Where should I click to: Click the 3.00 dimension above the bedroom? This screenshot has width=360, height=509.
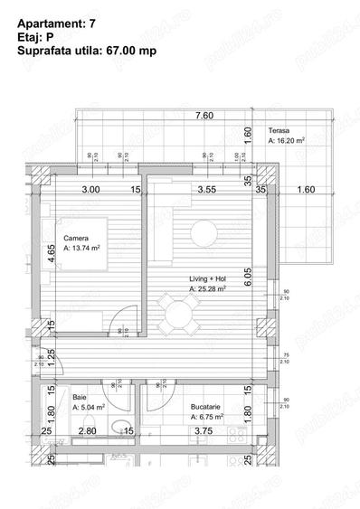tap(90, 191)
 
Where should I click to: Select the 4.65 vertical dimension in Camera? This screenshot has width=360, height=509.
tap(52, 254)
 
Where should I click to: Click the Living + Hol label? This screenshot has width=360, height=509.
tap(207, 278)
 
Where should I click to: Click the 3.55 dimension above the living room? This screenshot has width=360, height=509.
tap(207, 191)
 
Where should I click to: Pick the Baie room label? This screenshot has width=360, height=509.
tap(79, 397)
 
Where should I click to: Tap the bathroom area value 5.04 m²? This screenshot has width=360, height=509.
tap(91, 408)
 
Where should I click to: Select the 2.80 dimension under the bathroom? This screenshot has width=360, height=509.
tap(88, 432)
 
